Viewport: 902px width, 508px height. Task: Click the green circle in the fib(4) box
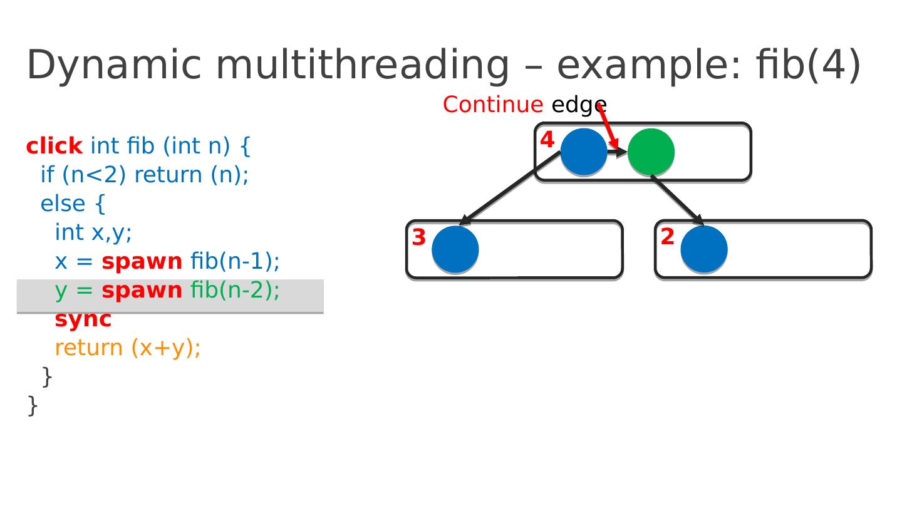[651, 152]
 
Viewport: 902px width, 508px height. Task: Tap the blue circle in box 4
[584, 152]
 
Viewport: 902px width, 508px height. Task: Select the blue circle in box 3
[455, 249]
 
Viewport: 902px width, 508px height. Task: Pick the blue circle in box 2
[704, 249]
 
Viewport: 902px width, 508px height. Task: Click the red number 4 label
[547, 140]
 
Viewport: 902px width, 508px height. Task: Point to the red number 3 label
[419, 237]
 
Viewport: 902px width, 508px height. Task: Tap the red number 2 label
[668, 237]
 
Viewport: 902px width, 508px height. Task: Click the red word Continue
[493, 105]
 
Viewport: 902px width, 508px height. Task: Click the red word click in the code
[54, 146]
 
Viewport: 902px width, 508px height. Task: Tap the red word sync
[83, 319]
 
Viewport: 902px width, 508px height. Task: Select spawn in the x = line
[142, 261]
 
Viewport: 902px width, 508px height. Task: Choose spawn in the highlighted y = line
[142, 291]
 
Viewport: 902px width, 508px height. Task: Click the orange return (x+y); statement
[128, 348]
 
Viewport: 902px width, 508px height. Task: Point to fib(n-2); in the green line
[235, 291]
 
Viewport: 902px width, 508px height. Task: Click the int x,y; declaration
[93, 232]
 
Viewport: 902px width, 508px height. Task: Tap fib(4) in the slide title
[808, 65]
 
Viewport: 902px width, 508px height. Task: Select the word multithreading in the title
[363, 65]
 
